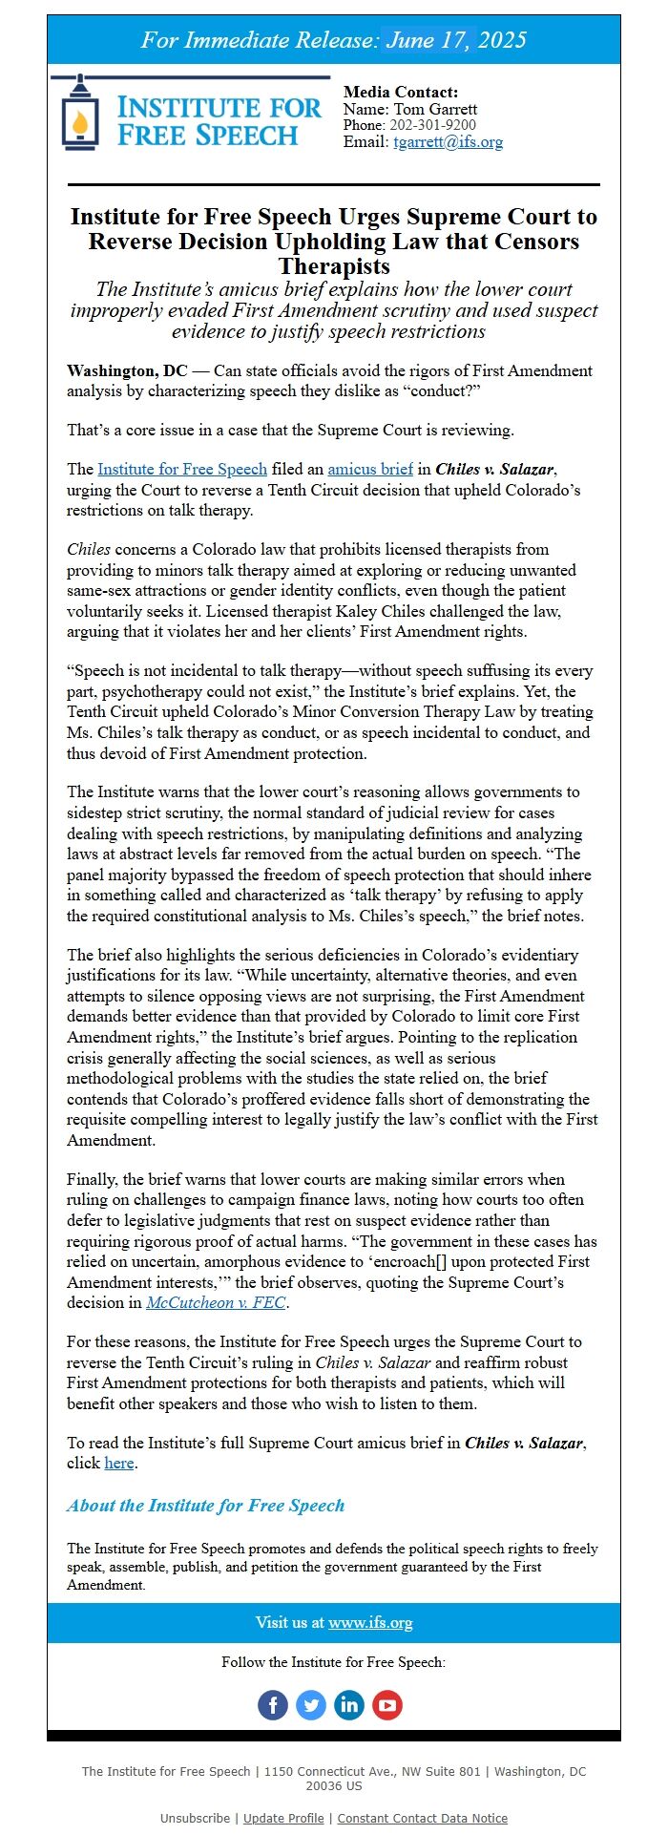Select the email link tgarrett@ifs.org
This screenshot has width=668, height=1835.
pos(448,142)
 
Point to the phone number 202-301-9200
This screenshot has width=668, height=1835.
pos(430,125)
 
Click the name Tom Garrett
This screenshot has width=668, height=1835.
pos(435,109)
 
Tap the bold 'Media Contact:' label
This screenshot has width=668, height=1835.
pos(401,92)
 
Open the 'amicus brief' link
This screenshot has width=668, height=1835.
pos(370,469)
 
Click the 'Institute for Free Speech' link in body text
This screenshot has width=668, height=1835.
pos(182,469)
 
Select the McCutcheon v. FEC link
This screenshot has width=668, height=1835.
pos(216,1302)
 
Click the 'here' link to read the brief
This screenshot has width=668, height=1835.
pos(119,1463)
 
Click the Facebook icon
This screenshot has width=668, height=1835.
pos(273,1704)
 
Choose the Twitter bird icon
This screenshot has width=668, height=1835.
pos(311,1704)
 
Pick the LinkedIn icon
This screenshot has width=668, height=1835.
pos(349,1704)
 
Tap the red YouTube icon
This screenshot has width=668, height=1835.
pos(387,1704)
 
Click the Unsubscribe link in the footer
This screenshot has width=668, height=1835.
pos(195,1818)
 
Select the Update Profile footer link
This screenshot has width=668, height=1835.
pos(283,1818)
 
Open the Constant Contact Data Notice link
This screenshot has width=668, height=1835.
pos(422,1818)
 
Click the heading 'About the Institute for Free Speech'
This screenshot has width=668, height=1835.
pos(205,1506)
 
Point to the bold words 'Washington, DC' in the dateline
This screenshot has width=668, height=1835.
pos(127,370)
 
